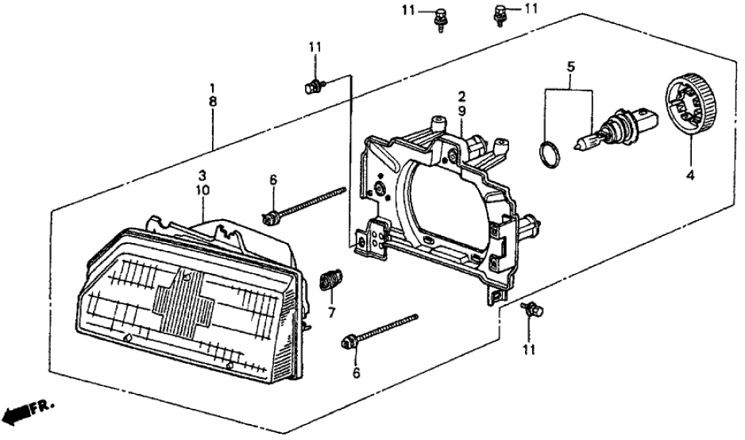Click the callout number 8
(x=212, y=102)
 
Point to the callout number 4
(x=689, y=176)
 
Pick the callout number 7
(x=333, y=311)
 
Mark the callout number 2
(x=461, y=95)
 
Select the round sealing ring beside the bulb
(x=546, y=154)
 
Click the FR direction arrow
(x=17, y=411)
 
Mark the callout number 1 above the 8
(x=212, y=87)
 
